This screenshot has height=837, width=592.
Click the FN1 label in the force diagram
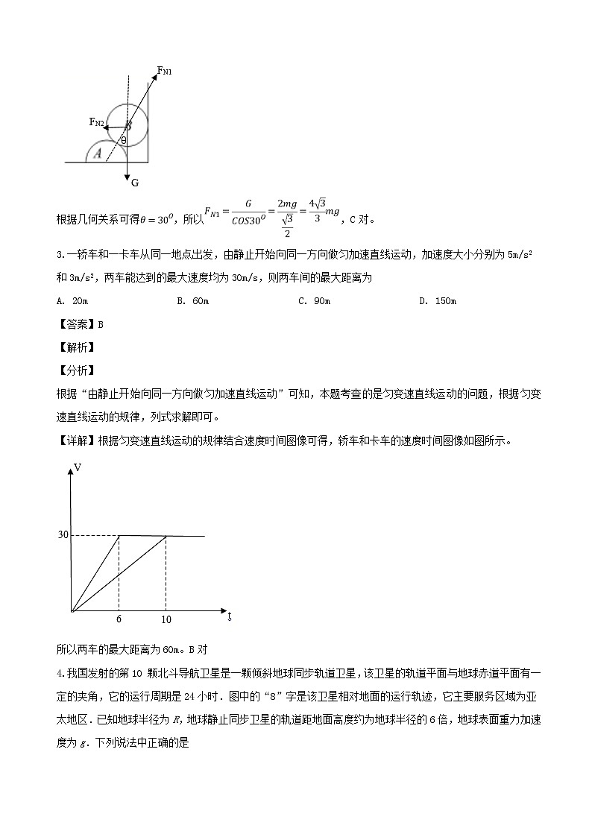point(165,71)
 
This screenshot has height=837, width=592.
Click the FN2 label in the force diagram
point(96,121)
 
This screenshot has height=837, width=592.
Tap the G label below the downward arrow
point(135,183)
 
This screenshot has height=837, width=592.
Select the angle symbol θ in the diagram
point(124,139)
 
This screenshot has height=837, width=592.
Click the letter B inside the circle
point(128,125)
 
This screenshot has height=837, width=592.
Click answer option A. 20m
point(72,300)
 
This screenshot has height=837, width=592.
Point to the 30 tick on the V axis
point(63,535)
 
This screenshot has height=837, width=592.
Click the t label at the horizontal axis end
point(229,616)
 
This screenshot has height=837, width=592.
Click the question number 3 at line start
point(60,255)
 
